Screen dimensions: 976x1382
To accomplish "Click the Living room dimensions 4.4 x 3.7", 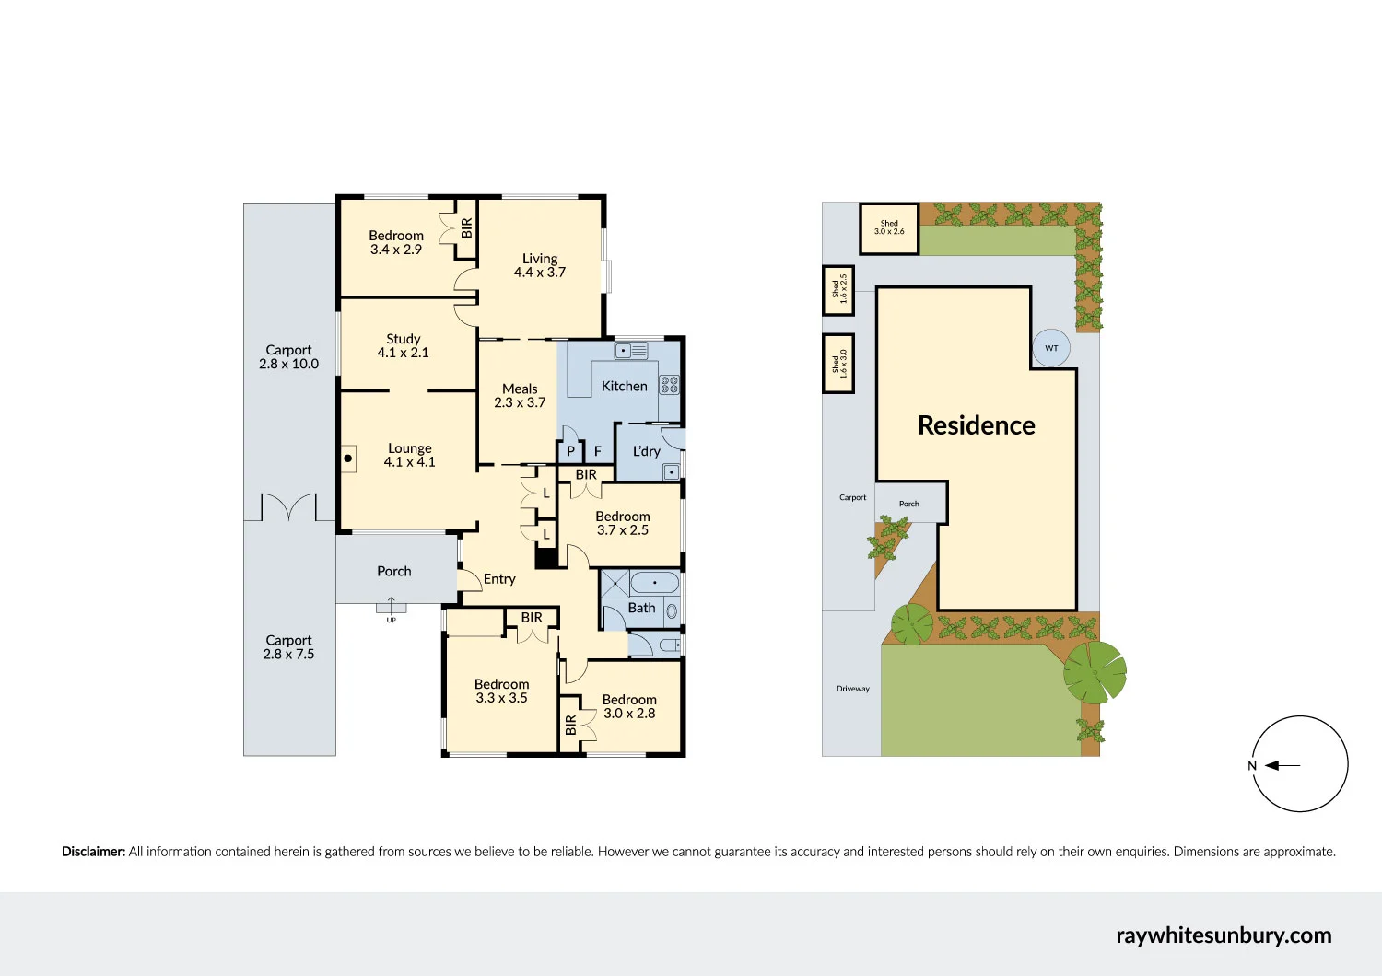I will click(540, 273).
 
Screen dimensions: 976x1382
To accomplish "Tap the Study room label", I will click(404, 339).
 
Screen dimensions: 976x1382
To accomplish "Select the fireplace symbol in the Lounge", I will click(349, 458).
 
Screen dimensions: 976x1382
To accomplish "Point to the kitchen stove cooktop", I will click(669, 385).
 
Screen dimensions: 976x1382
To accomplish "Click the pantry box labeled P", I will click(570, 451).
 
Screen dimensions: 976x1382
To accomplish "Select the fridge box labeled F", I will click(598, 451).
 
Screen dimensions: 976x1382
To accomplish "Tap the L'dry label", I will click(646, 451).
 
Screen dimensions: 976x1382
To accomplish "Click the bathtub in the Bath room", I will click(655, 583).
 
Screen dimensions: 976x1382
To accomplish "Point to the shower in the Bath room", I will click(615, 584).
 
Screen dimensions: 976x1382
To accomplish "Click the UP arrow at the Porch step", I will click(391, 607).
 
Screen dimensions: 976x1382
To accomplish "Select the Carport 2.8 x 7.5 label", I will click(288, 647).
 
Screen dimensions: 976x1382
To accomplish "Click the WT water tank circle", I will click(1051, 348).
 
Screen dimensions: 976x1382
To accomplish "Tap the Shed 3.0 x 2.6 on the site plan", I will click(889, 227).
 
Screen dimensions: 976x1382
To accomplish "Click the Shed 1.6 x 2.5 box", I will click(838, 289).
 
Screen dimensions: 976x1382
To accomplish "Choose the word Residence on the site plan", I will click(976, 425).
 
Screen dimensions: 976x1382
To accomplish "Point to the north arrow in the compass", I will click(1282, 765).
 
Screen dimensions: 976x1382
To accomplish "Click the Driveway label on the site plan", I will click(852, 689).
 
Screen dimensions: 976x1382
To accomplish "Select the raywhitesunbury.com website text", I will click(1224, 935).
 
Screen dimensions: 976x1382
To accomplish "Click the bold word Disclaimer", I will click(93, 852).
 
